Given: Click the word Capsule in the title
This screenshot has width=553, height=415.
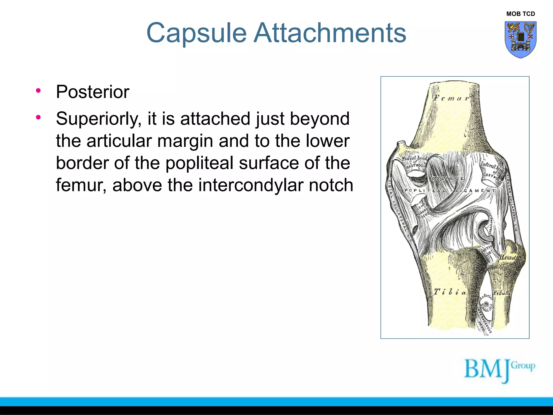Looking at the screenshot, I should [x=196, y=33].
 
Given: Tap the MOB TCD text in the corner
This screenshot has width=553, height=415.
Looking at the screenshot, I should [x=520, y=14].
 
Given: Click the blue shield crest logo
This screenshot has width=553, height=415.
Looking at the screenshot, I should [x=520, y=39].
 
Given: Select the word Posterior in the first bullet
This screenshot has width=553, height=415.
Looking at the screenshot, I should [x=93, y=92].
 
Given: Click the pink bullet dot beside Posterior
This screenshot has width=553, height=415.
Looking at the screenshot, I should [x=38, y=91].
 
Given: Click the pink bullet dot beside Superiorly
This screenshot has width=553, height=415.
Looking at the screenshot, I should [x=38, y=117].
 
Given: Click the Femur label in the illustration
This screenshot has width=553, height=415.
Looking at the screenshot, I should [x=451, y=98].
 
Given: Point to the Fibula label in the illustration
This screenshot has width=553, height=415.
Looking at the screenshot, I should [x=501, y=293].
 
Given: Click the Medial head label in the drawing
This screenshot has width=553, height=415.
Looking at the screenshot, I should [x=414, y=158].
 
